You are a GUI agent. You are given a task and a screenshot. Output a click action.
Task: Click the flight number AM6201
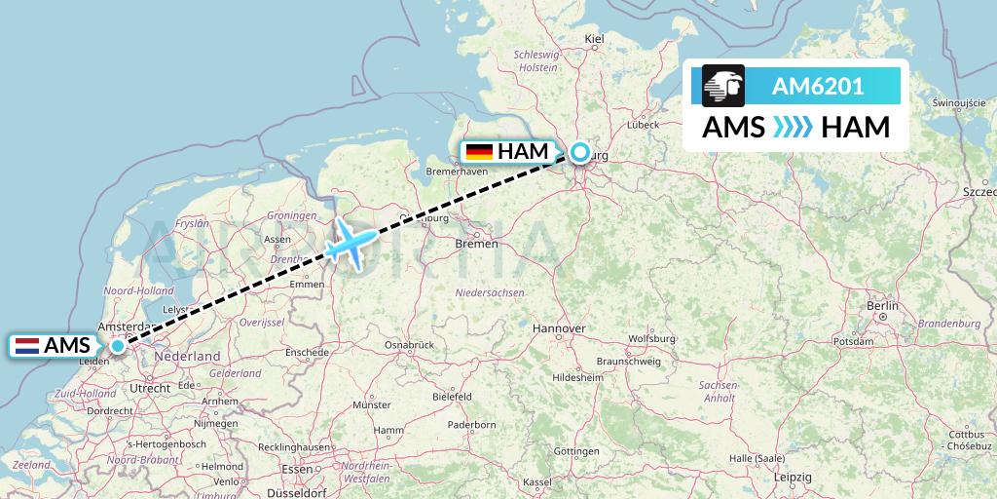(817, 86)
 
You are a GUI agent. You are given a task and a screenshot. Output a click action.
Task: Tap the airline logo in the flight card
(723, 86)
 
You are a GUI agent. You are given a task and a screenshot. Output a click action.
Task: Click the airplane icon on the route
(348, 244)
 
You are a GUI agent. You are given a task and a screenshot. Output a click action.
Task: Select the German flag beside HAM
(478, 152)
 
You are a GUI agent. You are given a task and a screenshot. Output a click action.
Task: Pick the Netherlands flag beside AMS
(26, 345)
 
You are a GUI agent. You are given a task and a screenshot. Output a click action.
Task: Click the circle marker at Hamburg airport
(580, 152)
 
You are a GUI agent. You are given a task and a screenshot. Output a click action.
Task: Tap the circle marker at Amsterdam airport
(118, 345)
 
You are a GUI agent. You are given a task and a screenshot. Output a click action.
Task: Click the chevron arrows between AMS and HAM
(788, 128)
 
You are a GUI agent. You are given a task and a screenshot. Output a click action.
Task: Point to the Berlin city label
(882, 306)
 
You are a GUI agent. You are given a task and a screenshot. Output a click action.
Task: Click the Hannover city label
(559, 329)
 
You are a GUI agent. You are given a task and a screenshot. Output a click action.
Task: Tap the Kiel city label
(594, 39)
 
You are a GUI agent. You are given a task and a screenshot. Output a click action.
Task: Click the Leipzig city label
(794, 478)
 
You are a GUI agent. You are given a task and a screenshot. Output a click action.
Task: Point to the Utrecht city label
(150, 388)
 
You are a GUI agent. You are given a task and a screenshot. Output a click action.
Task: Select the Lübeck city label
(644, 125)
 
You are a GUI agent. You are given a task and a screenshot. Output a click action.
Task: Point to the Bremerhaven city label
(457, 173)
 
